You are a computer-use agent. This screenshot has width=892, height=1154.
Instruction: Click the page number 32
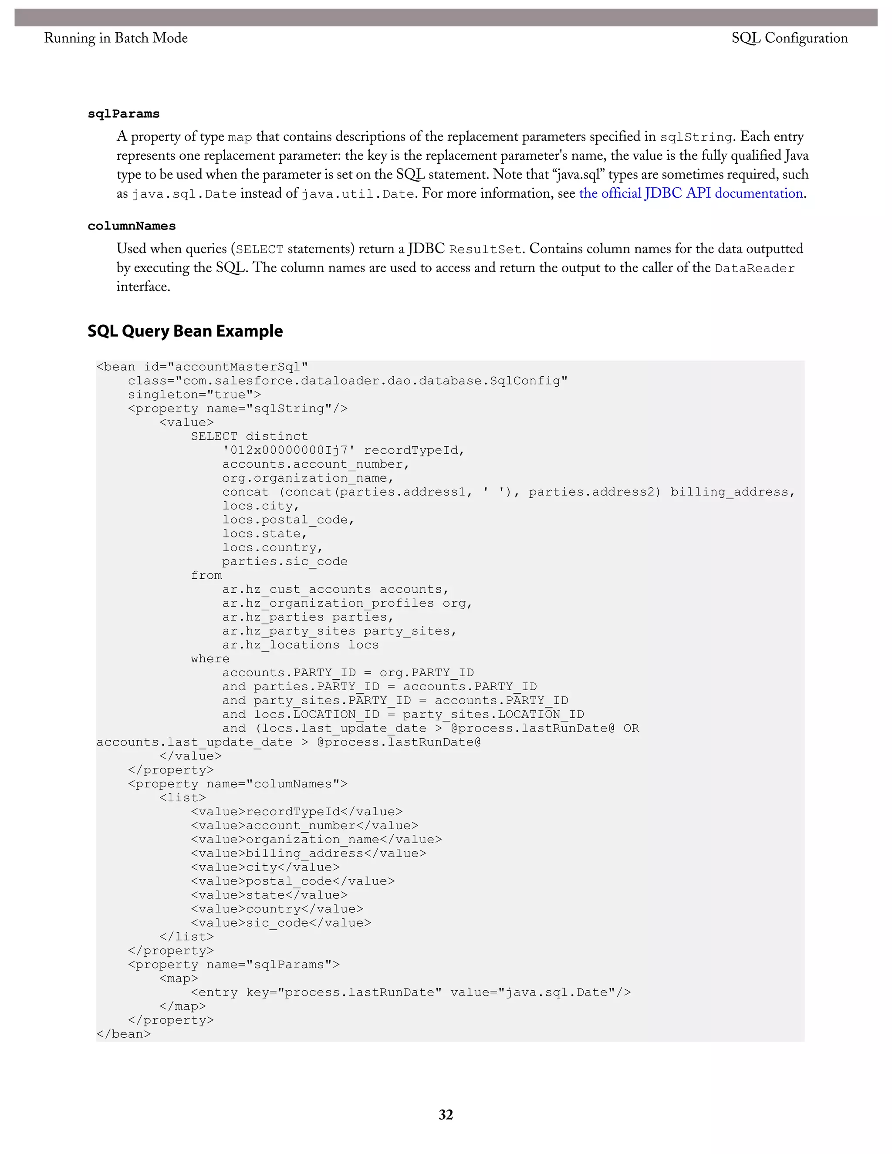click(446, 1114)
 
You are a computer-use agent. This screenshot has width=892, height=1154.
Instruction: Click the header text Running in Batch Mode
click(116, 38)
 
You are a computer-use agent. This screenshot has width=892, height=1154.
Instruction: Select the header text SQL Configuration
click(790, 38)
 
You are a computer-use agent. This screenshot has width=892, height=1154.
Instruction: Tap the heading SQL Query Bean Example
click(185, 331)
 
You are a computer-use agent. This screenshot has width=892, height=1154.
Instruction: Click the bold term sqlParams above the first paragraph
click(124, 114)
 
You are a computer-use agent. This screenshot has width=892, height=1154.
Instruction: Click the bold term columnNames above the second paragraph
click(132, 226)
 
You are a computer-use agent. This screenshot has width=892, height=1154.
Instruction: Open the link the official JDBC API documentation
click(691, 193)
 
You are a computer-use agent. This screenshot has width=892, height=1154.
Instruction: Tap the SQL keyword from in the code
click(206, 575)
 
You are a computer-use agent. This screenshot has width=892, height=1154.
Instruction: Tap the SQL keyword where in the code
click(210, 659)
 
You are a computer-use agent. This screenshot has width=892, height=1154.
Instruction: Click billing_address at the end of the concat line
click(729, 492)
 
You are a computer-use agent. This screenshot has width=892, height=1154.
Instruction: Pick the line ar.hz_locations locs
click(300, 645)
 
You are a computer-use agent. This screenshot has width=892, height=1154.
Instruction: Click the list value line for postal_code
click(293, 881)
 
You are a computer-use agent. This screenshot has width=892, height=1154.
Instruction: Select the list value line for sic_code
click(280, 923)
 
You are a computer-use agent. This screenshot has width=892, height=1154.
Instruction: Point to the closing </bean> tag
click(124, 1034)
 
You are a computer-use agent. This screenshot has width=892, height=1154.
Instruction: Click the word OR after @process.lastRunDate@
click(631, 729)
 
